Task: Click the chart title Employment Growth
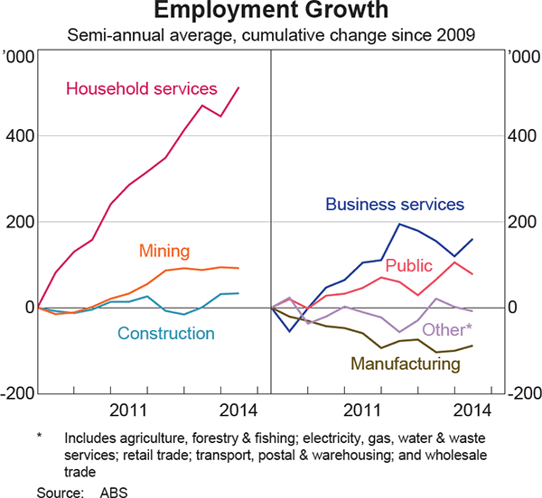pyautogui.click(x=271, y=13)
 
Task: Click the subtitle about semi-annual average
pyautogui.click(x=271, y=36)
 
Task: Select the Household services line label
pyautogui.click(x=142, y=88)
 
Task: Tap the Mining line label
pyautogui.click(x=164, y=250)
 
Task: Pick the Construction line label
pyautogui.click(x=165, y=333)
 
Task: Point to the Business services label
pyautogui.click(x=394, y=204)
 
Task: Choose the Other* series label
pyautogui.click(x=447, y=329)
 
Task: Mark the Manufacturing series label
pyautogui.click(x=405, y=364)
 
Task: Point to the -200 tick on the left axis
pyautogui.click(x=17, y=393)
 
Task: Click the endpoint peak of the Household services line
pyautogui.click(x=238, y=88)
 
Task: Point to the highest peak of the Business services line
pyautogui.click(x=399, y=224)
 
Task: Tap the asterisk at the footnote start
pyautogui.click(x=40, y=436)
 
